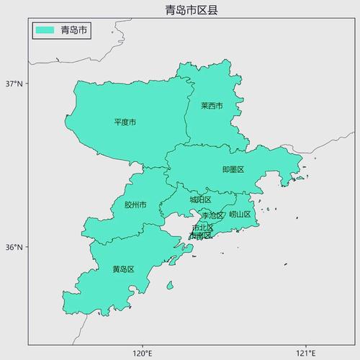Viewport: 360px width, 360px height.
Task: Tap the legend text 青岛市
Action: [74, 30]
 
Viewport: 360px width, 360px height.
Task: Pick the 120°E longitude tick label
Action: [143, 353]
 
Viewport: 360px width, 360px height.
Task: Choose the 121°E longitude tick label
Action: [306, 353]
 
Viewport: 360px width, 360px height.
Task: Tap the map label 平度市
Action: [125, 122]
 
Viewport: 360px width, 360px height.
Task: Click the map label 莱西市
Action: [212, 106]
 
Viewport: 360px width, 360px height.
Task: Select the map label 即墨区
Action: [233, 170]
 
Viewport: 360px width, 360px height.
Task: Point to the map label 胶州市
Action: [135, 205]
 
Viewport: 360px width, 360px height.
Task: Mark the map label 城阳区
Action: [200, 200]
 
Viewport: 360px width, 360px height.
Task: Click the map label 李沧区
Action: [212, 215]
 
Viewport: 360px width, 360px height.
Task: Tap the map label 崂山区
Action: [240, 215]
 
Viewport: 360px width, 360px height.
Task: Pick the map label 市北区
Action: [202, 228]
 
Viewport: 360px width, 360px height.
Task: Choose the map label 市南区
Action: [200, 235]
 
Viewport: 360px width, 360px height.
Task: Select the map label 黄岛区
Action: [123, 269]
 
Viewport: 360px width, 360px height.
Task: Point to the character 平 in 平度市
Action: [118, 122]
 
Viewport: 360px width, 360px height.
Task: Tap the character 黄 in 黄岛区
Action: [116, 269]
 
